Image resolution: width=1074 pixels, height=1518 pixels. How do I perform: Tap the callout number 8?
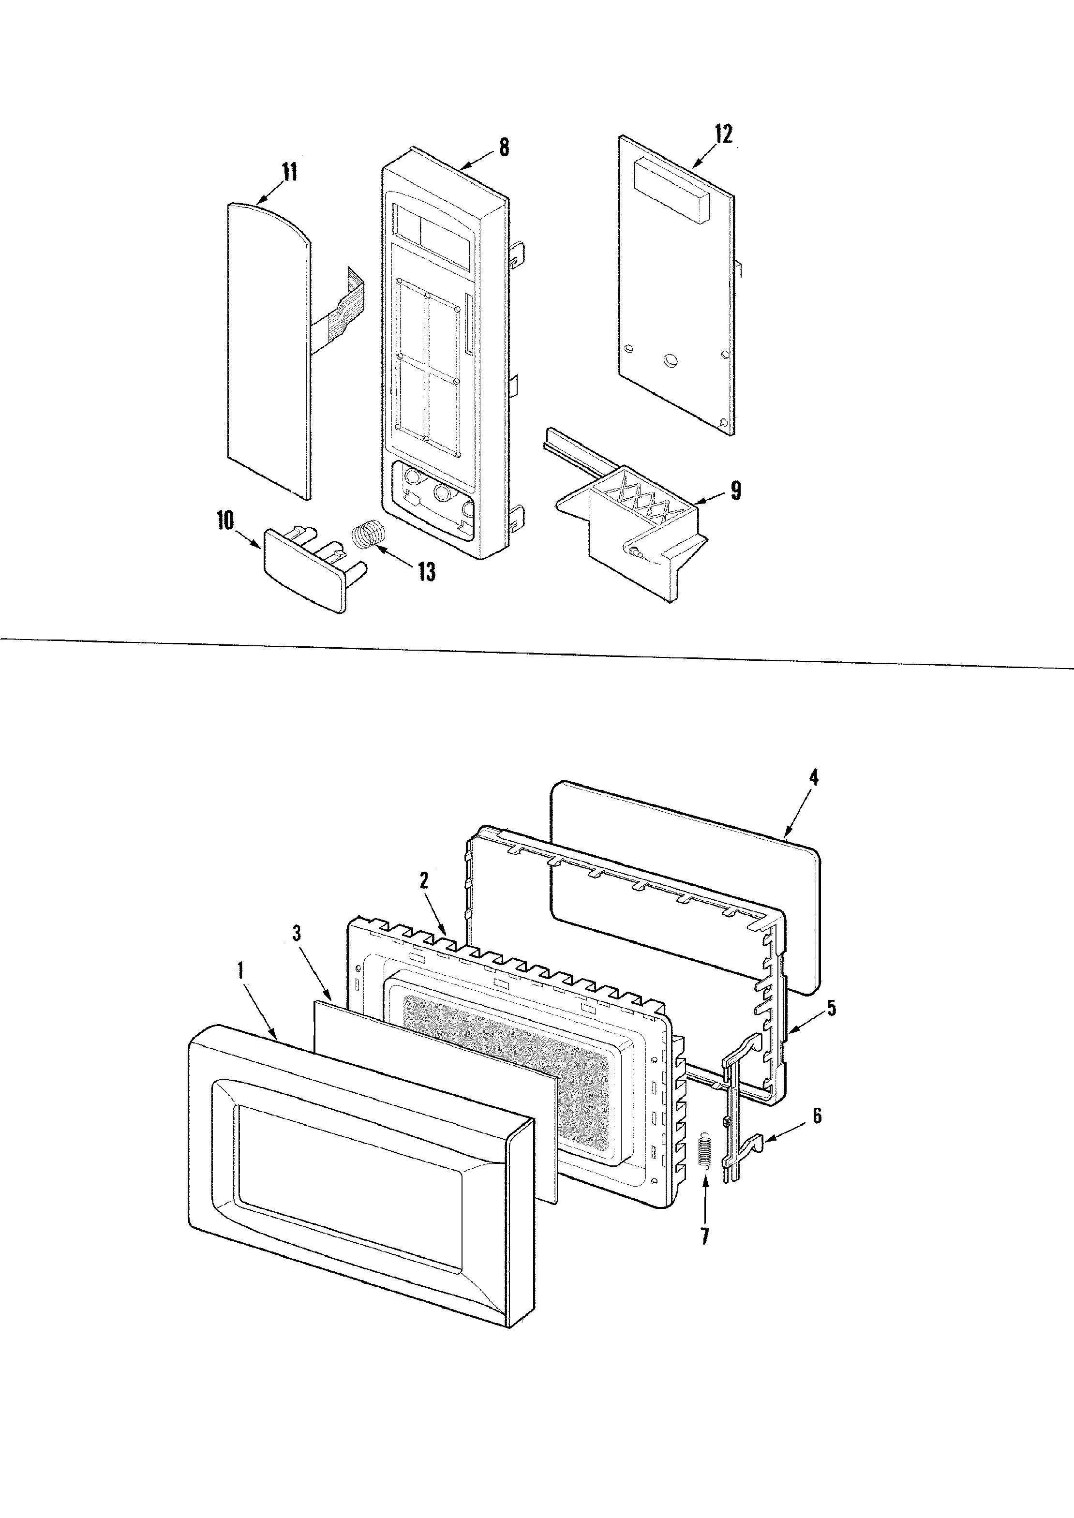[x=505, y=147]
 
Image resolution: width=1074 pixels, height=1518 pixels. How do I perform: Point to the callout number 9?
[x=735, y=491]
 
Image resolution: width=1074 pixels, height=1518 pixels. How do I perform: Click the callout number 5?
[x=831, y=1008]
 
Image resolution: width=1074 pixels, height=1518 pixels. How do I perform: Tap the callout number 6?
[x=818, y=1116]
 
